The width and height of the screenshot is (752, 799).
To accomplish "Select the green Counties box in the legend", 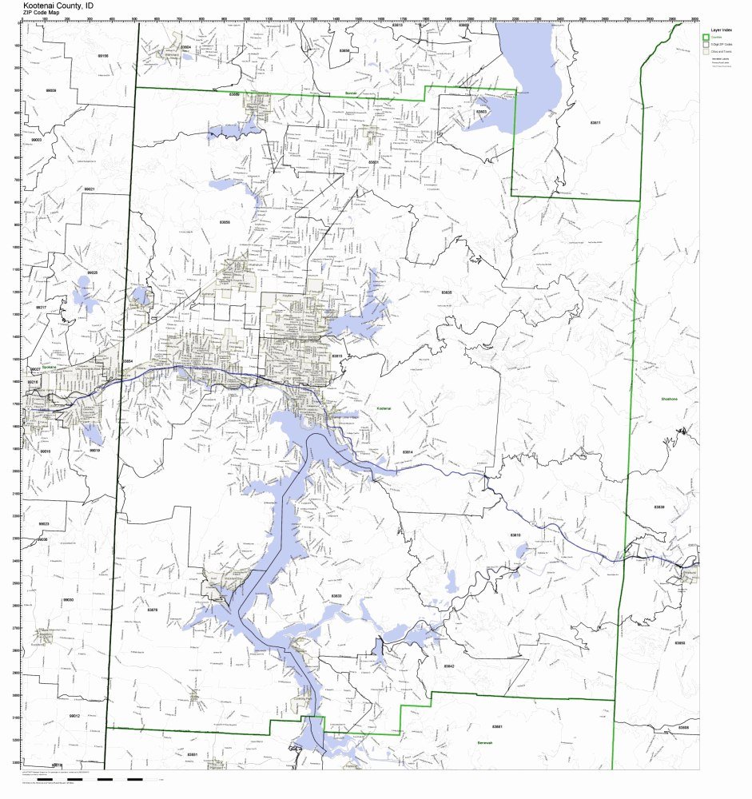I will (x=706, y=37).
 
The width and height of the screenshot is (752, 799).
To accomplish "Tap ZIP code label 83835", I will (x=446, y=292).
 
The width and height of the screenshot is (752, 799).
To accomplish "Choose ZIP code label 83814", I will (x=408, y=452).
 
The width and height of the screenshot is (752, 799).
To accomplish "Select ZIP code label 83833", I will (x=336, y=596).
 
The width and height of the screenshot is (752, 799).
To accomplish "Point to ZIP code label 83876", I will (x=153, y=610).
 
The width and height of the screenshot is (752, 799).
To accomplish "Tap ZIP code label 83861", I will (x=498, y=726).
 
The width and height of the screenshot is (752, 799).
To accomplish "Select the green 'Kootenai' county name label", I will (x=384, y=408).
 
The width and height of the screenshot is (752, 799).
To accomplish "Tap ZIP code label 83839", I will (x=658, y=507).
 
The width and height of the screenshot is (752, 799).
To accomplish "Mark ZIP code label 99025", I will (x=93, y=272).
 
